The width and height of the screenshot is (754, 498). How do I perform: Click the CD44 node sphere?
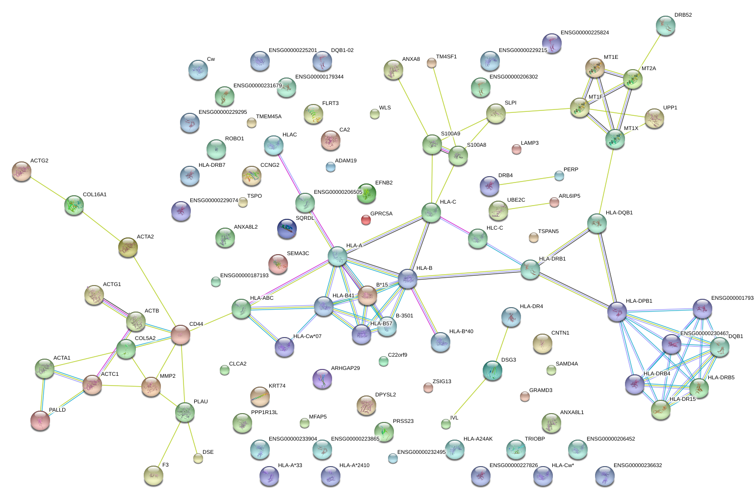pyautogui.click(x=181, y=335)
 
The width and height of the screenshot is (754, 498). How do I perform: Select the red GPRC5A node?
pyautogui.click(x=366, y=220)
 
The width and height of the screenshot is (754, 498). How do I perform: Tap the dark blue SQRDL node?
pyautogui.click(x=287, y=229)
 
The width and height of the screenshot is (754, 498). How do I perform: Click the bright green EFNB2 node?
pyautogui.click(x=366, y=193)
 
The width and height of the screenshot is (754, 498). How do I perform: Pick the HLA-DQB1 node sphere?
pyautogui.click(x=597, y=223)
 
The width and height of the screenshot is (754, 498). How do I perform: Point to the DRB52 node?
pyautogui.click(x=666, y=26)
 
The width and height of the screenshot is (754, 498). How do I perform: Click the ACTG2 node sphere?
pyautogui.click(x=22, y=171)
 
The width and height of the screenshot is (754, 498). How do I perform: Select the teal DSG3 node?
pyautogui.click(x=493, y=370)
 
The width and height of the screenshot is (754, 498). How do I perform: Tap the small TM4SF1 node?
pyautogui.click(x=432, y=63)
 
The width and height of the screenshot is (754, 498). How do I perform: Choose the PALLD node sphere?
pyautogui.click(x=40, y=420)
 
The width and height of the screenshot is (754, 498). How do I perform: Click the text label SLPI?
pyautogui.click(x=510, y=103)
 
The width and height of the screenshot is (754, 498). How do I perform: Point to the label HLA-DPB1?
pyautogui.click(x=639, y=301)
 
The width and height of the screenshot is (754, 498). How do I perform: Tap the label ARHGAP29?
pyautogui.click(x=345, y=368)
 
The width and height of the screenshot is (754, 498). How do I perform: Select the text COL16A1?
pyautogui.click(x=95, y=195)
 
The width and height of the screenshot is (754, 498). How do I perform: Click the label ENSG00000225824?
pyautogui.click(x=585, y=33)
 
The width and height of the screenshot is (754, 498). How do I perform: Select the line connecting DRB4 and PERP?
pyautogui.click(x=527, y=181)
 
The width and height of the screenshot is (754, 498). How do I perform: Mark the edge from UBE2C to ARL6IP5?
pyautogui.click(x=528, y=206)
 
